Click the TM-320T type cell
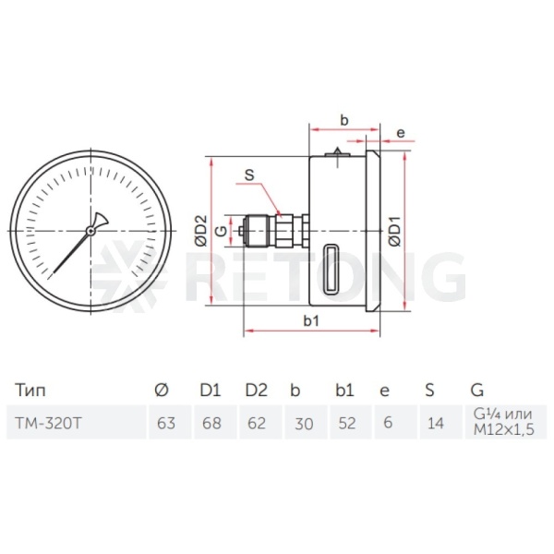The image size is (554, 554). tap(48, 423)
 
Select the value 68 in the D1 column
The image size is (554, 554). tap(211, 423)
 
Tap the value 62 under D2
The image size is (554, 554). tap(257, 423)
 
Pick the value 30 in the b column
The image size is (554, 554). tap(304, 423)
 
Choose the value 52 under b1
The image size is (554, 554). tap(346, 423)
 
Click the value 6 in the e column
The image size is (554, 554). tap(388, 423)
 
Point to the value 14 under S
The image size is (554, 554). tap(435, 423)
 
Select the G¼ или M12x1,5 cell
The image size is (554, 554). tap(503, 422)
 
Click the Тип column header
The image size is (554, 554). tap(30, 391)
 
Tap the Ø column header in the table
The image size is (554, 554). tap(162, 390)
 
